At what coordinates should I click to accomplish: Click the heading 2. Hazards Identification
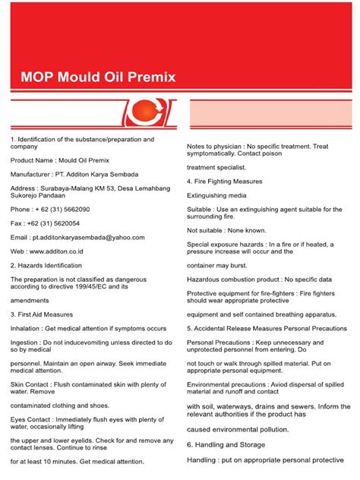(x=46, y=266)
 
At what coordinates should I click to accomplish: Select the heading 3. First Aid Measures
(x=42, y=314)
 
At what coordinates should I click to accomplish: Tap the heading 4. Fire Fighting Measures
(x=225, y=182)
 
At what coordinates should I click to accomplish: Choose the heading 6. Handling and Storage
(x=226, y=444)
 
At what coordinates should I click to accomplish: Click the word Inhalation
(x=27, y=328)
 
